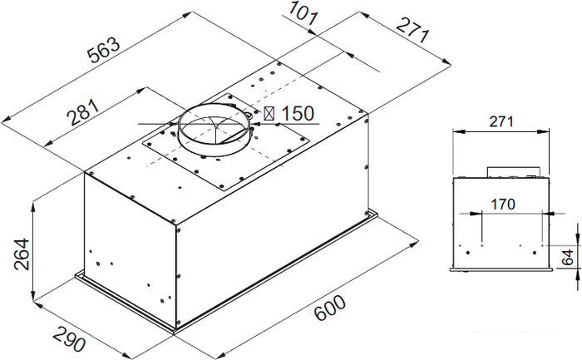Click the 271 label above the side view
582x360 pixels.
(501, 121)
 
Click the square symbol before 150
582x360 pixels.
(269, 114)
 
